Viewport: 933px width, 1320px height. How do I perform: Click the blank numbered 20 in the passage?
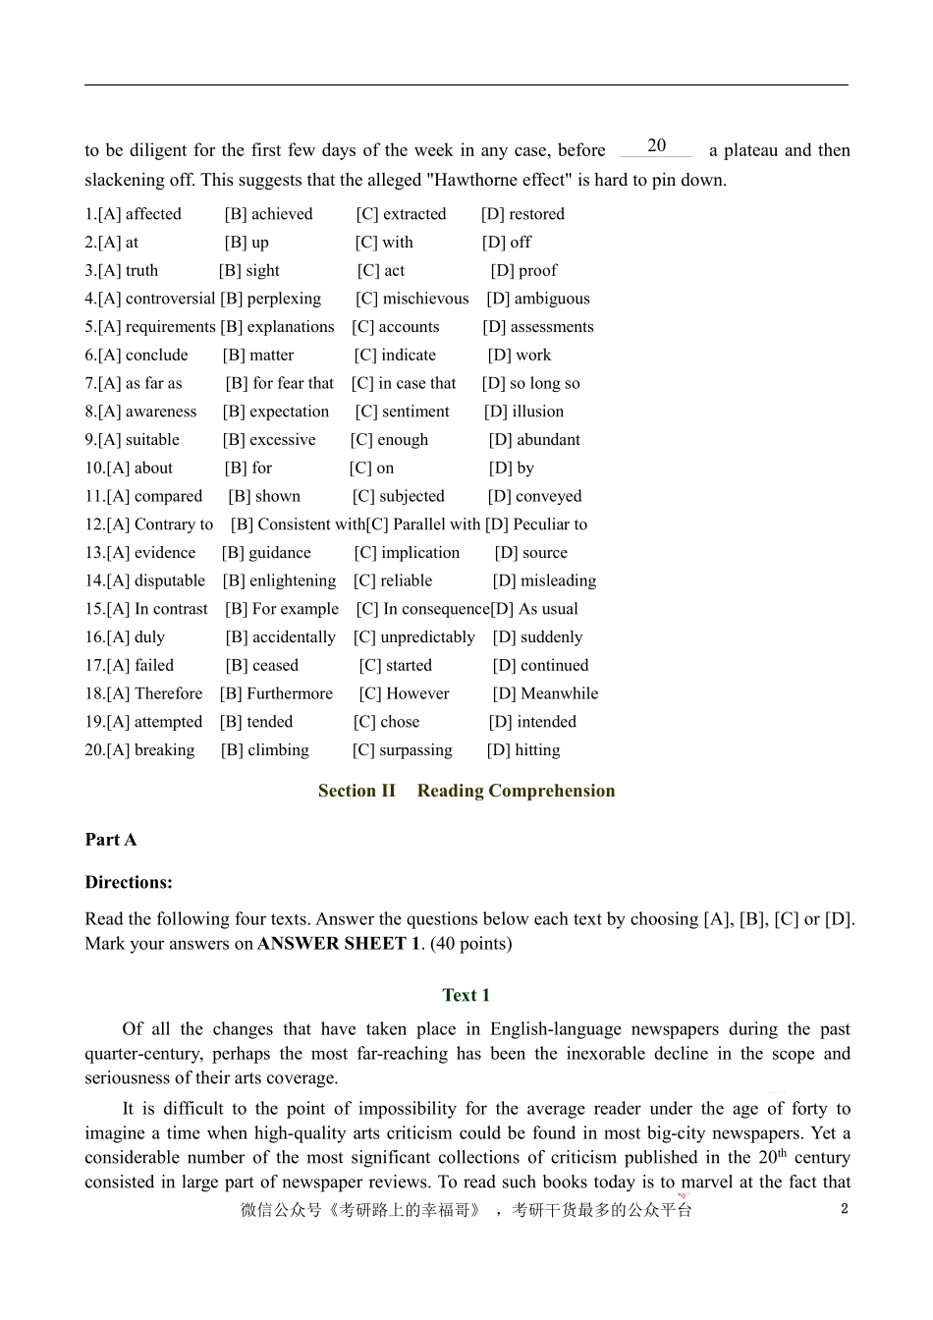tap(656, 147)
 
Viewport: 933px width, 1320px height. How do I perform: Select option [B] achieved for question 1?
tap(268, 214)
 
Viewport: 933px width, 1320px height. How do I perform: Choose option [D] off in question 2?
tap(507, 243)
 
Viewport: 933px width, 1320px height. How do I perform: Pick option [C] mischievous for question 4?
tap(412, 299)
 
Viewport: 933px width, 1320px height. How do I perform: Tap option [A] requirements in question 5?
tap(149, 327)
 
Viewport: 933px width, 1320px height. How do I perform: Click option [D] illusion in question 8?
tap(524, 412)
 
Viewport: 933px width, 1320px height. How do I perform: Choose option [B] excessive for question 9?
tap(269, 440)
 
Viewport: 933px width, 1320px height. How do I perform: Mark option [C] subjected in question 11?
tap(398, 497)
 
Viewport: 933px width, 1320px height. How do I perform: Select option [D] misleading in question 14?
tap(545, 581)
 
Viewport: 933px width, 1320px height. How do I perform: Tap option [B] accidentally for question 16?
tap(281, 638)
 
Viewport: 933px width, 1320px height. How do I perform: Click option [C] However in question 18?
tap(405, 694)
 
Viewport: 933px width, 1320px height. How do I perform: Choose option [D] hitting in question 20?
tap(523, 751)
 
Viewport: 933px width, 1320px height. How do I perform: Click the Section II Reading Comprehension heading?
tap(466, 792)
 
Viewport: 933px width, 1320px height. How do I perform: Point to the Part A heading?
tap(111, 841)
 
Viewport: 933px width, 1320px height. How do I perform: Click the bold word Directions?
tap(129, 883)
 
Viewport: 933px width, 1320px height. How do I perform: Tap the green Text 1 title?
tap(466, 996)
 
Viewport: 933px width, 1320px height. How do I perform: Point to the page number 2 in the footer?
tap(845, 1210)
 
